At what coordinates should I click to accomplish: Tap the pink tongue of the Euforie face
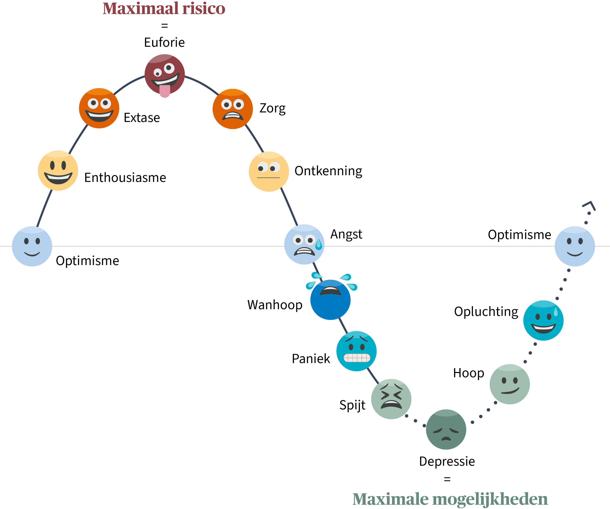click(165, 91)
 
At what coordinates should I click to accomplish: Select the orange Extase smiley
click(99, 108)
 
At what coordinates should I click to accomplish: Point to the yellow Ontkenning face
click(269, 171)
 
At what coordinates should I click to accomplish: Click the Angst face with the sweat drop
click(304, 244)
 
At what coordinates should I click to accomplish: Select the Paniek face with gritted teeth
click(356, 351)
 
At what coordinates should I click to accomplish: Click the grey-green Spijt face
click(391, 399)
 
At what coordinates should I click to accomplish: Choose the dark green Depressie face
click(446, 430)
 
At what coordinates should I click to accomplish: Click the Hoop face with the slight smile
click(510, 384)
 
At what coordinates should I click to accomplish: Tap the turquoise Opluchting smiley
click(543, 320)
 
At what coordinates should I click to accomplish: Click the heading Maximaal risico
click(164, 9)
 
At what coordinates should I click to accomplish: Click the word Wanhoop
click(275, 305)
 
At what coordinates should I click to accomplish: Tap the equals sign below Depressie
click(447, 479)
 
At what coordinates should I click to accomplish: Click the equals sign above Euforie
click(165, 26)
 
